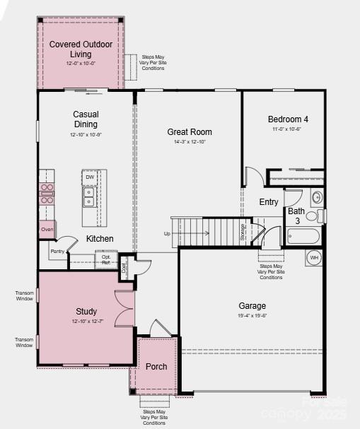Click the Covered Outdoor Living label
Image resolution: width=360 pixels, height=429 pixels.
click(80, 49)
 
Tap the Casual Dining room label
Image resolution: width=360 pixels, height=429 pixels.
click(86, 119)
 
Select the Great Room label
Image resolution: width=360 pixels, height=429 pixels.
click(190, 131)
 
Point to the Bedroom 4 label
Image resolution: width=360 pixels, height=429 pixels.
click(288, 119)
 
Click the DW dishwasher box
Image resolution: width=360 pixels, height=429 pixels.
click(90, 177)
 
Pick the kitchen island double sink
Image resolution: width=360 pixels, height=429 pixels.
click(90, 196)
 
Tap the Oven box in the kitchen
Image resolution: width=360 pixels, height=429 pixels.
click(47, 230)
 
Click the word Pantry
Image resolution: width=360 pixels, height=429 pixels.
click(57, 251)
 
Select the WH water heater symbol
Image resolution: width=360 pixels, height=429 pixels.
click(314, 257)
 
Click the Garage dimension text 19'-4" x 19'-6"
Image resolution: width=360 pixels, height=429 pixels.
click(252, 315)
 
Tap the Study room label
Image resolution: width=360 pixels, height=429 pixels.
click(86, 311)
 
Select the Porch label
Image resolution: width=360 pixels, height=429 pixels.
click(156, 367)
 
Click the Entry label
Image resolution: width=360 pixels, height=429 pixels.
click(269, 202)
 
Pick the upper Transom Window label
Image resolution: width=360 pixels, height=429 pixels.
click(24, 295)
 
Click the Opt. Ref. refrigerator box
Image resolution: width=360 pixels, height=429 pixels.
click(106, 259)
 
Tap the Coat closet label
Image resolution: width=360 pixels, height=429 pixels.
click(124, 268)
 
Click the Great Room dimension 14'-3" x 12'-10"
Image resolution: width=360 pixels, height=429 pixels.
click(190, 142)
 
